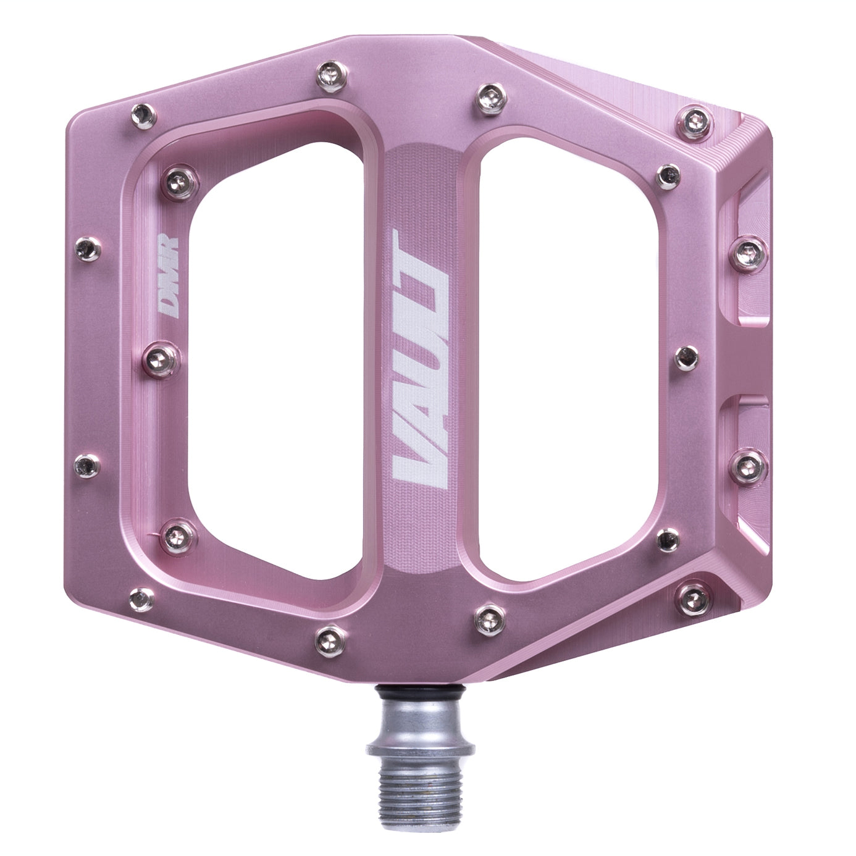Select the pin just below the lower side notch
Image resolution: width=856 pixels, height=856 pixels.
748,461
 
